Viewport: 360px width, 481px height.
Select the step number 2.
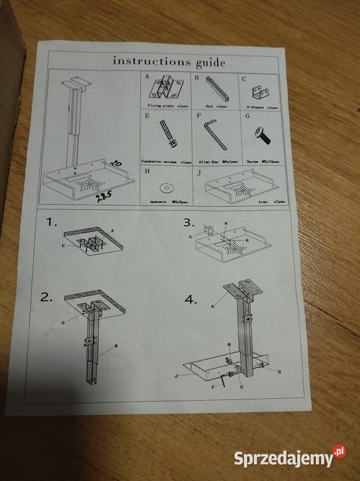click(x=46, y=297)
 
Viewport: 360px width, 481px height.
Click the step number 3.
click(x=189, y=222)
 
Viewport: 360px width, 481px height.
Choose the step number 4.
click(x=191, y=299)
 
